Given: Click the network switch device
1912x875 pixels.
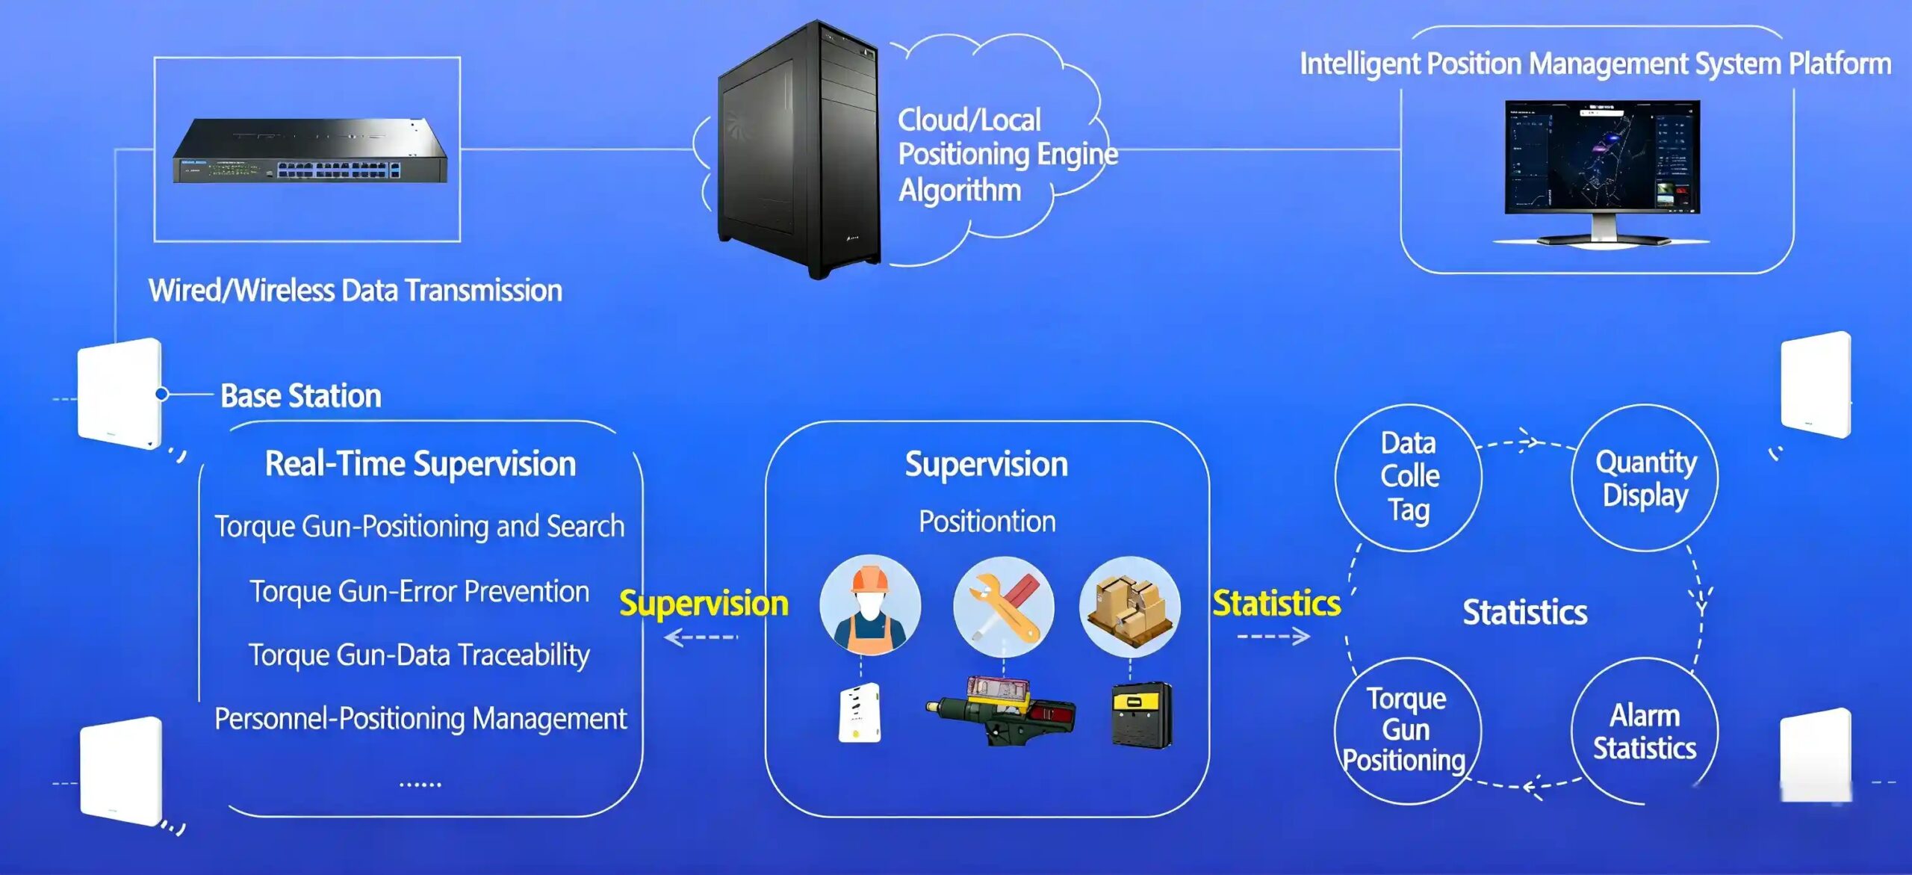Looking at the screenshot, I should tap(309, 152).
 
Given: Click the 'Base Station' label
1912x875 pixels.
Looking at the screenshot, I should tap(300, 395).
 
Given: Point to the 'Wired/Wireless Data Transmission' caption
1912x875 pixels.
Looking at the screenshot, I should tap(355, 290).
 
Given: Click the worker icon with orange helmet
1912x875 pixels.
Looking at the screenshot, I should tap(870, 605).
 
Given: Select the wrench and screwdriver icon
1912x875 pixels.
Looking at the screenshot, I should tap(1004, 606).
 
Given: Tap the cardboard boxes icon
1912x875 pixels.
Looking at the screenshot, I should tap(1129, 606).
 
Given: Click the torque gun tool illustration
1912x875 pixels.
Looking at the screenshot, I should tap(1001, 710).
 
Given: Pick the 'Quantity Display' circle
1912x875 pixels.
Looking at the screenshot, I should tap(1645, 478).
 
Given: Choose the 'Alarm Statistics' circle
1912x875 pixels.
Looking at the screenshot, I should tap(1645, 732).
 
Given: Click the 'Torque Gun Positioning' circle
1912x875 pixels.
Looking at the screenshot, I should tap(1406, 730).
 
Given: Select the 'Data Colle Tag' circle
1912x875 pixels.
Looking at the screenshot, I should tap(1409, 477).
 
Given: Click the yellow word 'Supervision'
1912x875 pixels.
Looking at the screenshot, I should tap(704, 603).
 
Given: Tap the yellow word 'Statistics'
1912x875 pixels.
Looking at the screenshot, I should tap(1276, 603).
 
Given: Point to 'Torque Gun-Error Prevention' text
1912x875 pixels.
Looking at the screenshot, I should tap(419, 591).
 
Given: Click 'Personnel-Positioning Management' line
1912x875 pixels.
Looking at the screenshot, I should tap(420, 718).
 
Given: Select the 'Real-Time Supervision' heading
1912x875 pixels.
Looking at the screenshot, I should tap(420, 463).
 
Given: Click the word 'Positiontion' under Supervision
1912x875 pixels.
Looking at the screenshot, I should tap(987, 521).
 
